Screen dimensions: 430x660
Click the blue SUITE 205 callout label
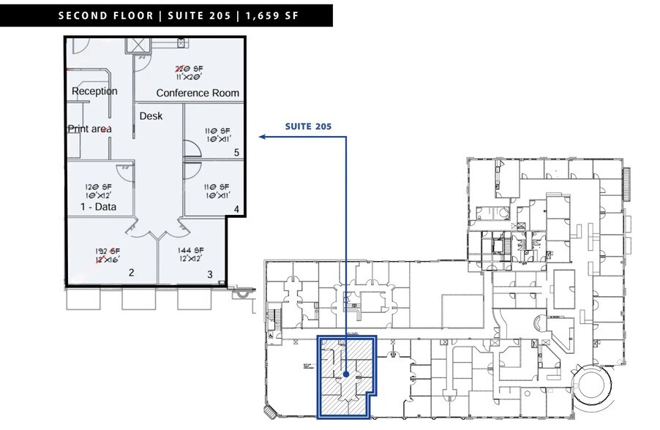[308, 126]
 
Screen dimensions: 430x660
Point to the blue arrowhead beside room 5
[261, 136]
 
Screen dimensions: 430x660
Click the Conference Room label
[198, 93]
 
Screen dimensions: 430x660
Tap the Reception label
[94, 91]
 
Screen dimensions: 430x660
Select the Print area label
[89, 129]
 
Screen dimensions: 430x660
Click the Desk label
[151, 116]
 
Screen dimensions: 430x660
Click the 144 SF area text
[191, 249]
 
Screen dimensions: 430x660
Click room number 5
[236, 153]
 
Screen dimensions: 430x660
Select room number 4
[236, 209]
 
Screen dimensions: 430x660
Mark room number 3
[209, 274]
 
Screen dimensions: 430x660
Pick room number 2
[132, 273]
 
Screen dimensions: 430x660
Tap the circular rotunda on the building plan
[593, 388]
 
